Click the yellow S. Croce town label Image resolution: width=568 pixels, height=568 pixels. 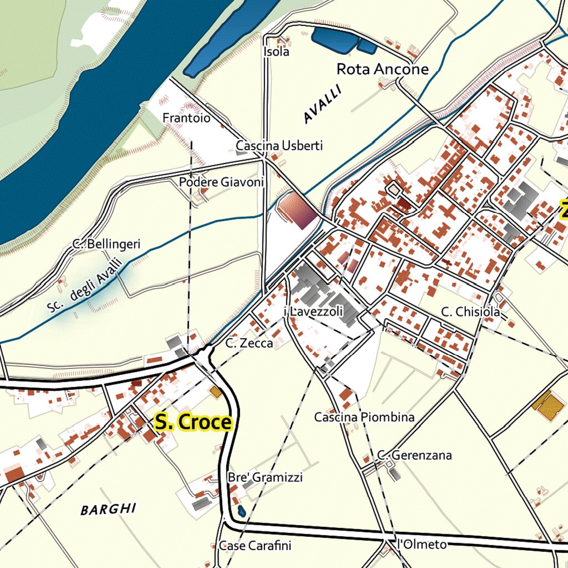click(192, 422)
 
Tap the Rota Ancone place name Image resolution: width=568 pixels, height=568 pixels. click(383, 69)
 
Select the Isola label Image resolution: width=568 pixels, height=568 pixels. click(276, 52)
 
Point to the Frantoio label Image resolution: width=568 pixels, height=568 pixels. click(186, 118)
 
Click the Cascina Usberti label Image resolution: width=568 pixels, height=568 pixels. click(279, 145)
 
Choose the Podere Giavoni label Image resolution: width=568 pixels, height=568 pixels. click(221, 182)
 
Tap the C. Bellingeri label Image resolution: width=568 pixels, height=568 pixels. click(106, 244)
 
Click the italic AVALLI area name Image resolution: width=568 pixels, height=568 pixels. click(321, 105)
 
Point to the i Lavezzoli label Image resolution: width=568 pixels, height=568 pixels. click(313, 312)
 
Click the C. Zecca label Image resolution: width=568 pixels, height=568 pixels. click(249, 343)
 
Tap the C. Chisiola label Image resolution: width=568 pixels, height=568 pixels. click(471, 312)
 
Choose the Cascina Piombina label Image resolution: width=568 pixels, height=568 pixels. click(364, 417)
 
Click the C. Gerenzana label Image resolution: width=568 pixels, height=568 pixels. click(414, 455)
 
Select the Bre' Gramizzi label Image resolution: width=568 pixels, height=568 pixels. click(265, 478)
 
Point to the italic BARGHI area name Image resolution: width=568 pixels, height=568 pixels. click(108, 509)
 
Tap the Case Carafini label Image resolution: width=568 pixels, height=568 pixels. click(255, 546)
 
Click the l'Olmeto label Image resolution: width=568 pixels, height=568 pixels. click(422, 545)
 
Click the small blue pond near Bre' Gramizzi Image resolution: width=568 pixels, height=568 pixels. click(241, 510)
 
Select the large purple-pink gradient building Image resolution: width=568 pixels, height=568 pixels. click(297, 210)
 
